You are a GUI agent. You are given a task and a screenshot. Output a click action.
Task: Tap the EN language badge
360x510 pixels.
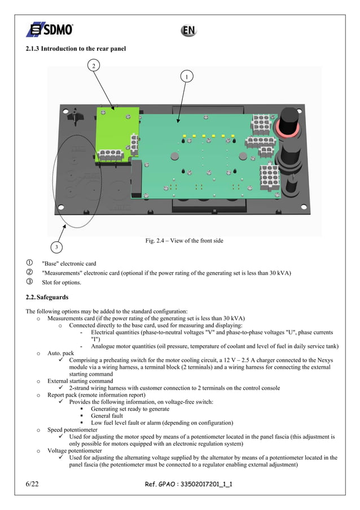[x=188, y=30]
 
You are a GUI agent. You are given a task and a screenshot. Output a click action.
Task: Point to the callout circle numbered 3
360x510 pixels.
[x=56, y=247]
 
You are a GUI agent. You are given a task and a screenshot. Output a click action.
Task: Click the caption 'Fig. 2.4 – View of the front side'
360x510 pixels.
[x=184, y=241]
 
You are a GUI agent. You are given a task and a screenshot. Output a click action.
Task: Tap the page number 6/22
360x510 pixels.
[x=35, y=483]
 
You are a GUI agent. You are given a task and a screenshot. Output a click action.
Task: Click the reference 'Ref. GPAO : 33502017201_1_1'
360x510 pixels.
[x=188, y=484]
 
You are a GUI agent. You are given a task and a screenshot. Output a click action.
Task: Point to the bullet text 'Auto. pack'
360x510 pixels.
[x=61, y=353]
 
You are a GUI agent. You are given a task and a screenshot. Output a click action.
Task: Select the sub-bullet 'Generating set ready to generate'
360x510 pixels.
[x=130, y=408]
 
